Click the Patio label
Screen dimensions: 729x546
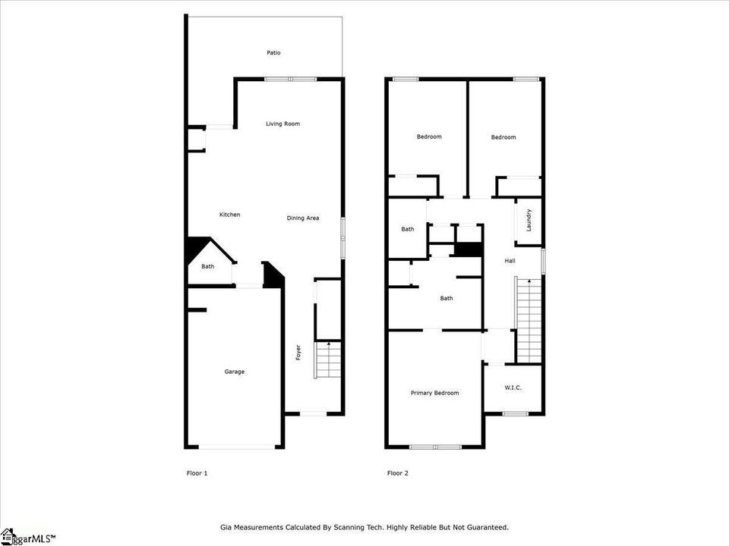pos(273,53)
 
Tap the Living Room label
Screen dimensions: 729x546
pos(282,124)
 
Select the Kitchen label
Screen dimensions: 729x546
pos(229,215)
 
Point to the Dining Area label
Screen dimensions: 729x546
pos(303,218)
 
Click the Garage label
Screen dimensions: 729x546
pos(235,372)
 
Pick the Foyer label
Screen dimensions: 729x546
pos(298,353)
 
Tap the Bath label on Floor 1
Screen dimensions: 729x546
pos(208,266)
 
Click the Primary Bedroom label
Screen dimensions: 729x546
pos(434,393)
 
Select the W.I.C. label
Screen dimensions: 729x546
pos(513,388)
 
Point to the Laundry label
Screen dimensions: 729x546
pos(529,220)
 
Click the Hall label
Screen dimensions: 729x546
pos(510,261)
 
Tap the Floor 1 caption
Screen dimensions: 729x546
pos(197,473)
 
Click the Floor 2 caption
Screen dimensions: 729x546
pos(398,473)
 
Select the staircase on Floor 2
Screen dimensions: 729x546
pos(529,321)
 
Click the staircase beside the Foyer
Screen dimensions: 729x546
pos(328,360)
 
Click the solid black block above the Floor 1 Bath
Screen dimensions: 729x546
pos(196,249)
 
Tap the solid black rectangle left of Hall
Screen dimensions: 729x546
pos(468,249)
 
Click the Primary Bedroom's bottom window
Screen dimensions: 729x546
pos(435,447)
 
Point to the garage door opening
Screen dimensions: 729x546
pos(237,447)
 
